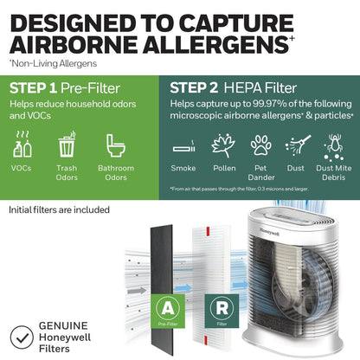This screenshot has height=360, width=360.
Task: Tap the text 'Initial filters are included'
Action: tap(59, 209)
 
